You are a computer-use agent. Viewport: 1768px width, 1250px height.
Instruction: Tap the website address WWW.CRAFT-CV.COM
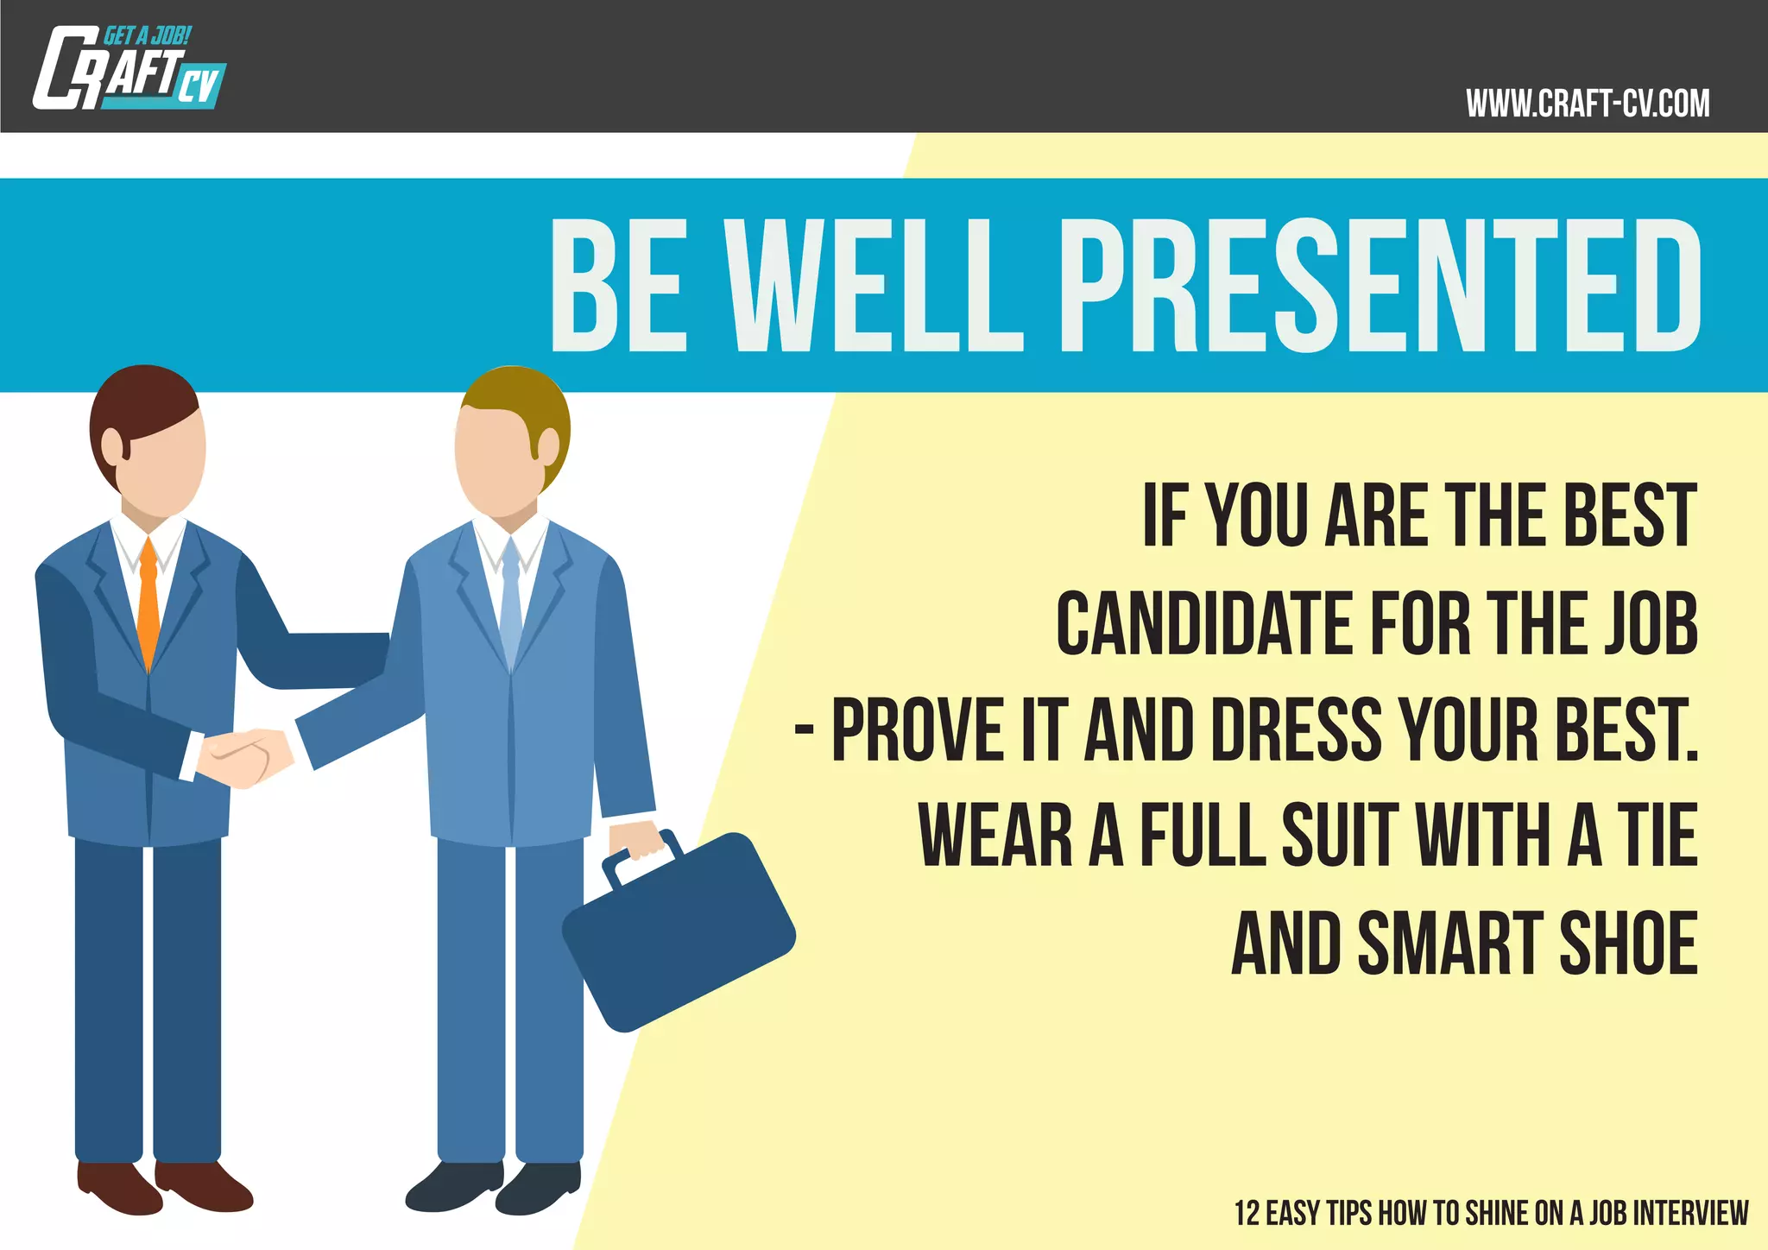pyautogui.click(x=1587, y=104)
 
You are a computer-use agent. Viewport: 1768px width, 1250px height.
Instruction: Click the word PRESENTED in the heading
pyautogui.click(x=1380, y=285)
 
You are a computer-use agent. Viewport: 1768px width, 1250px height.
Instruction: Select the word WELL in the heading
pyautogui.click(x=874, y=285)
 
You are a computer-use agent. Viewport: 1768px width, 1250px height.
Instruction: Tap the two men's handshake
pyautogui.click(x=245, y=756)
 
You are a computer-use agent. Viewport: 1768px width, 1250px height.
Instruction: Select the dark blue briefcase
pyautogui.click(x=679, y=932)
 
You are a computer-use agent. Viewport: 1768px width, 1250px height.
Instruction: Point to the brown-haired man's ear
pyautogui.click(x=113, y=445)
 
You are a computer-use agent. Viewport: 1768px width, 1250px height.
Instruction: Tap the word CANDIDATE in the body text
pyautogui.click(x=1205, y=623)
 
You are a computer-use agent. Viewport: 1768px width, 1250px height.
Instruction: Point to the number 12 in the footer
pyautogui.click(x=1247, y=1213)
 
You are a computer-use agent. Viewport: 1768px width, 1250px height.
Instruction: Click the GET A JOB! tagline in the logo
pyautogui.click(x=147, y=36)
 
